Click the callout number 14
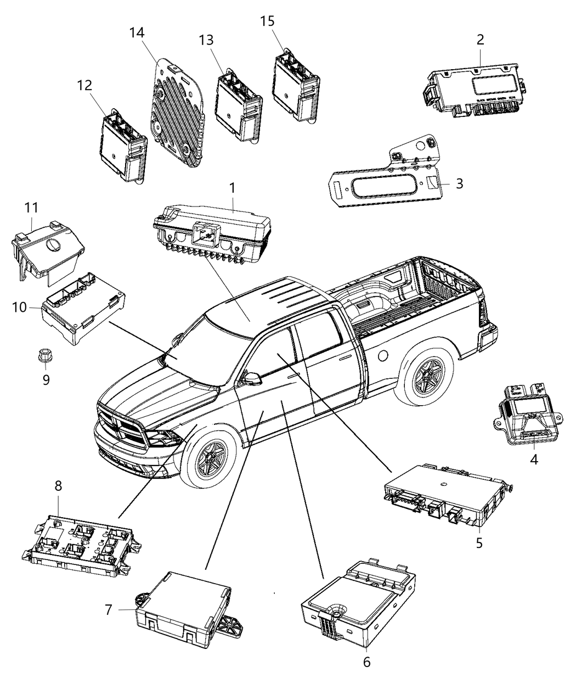pyautogui.click(x=137, y=33)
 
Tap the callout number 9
pyautogui.click(x=46, y=379)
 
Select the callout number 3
pyautogui.click(x=459, y=183)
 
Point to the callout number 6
pyautogui.click(x=366, y=662)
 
